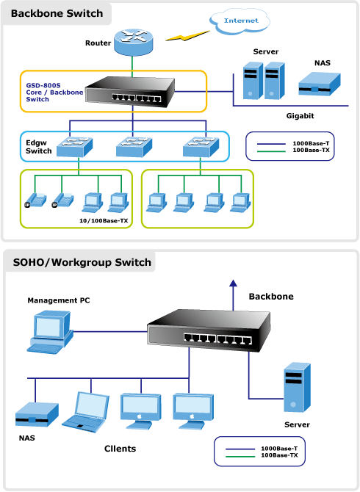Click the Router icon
click(134, 42)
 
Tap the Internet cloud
click(240, 21)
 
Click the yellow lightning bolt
click(187, 36)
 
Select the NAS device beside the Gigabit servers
click(319, 84)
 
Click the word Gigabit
click(300, 116)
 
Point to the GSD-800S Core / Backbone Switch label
click(54, 93)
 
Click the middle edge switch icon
click(134, 147)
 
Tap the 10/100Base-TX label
click(104, 220)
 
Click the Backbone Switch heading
click(57, 13)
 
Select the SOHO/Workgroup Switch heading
click(82, 262)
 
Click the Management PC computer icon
click(50, 332)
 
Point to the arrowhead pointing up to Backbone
click(233, 283)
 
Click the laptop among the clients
click(85, 412)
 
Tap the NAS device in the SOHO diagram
click(37, 414)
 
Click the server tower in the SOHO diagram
click(297, 388)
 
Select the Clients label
click(120, 449)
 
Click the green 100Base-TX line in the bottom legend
click(240, 456)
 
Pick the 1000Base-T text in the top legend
click(311, 143)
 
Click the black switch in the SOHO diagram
click(209, 330)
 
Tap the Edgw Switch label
click(39, 147)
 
